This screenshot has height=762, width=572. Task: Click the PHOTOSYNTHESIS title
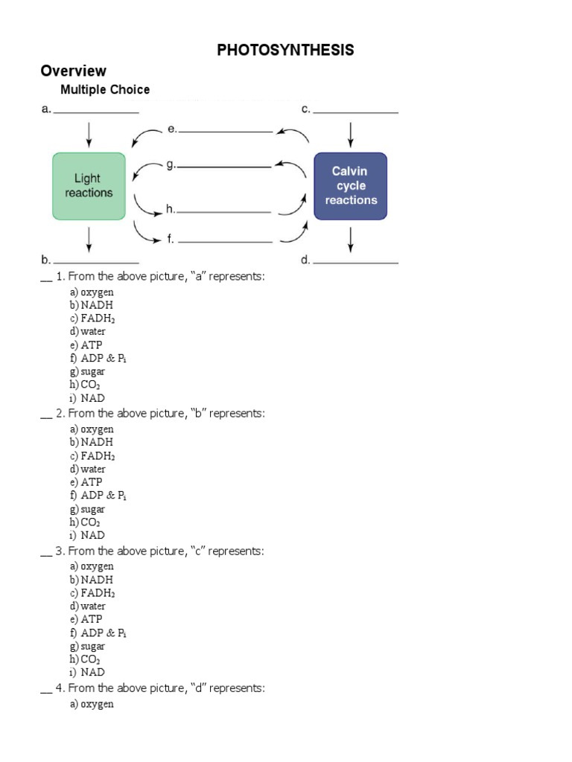pyautogui.click(x=285, y=50)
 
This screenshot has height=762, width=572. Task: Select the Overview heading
pyautogui.click(x=74, y=71)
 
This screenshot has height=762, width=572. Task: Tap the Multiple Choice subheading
pyautogui.click(x=105, y=90)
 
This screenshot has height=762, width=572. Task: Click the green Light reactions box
pyautogui.click(x=89, y=186)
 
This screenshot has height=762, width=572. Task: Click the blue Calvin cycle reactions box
pyautogui.click(x=351, y=186)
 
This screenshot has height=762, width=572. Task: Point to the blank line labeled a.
pyautogui.click(x=95, y=112)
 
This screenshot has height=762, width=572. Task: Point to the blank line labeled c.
pyautogui.click(x=355, y=112)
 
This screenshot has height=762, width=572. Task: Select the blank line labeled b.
pyautogui.click(x=95, y=262)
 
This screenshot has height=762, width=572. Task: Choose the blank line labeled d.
pyautogui.click(x=355, y=262)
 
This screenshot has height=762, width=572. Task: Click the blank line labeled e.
pyautogui.click(x=225, y=131)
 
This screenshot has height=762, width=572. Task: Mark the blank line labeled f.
pyautogui.click(x=225, y=241)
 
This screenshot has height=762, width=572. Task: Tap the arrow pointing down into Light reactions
pyautogui.click(x=89, y=134)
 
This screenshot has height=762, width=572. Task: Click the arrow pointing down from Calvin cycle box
pyautogui.click(x=351, y=239)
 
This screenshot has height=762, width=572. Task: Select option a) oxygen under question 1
pyautogui.click(x=92, y=292)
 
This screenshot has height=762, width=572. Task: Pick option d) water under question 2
pyautogui.click(x=88, y=469)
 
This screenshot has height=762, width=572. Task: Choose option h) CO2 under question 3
pyautogui.click(x=85, y=659)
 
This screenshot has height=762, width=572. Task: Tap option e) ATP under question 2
pyautogui.click(x=86, y=482)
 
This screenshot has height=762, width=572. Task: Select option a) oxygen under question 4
pyautogui.click(x=92, y=704)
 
